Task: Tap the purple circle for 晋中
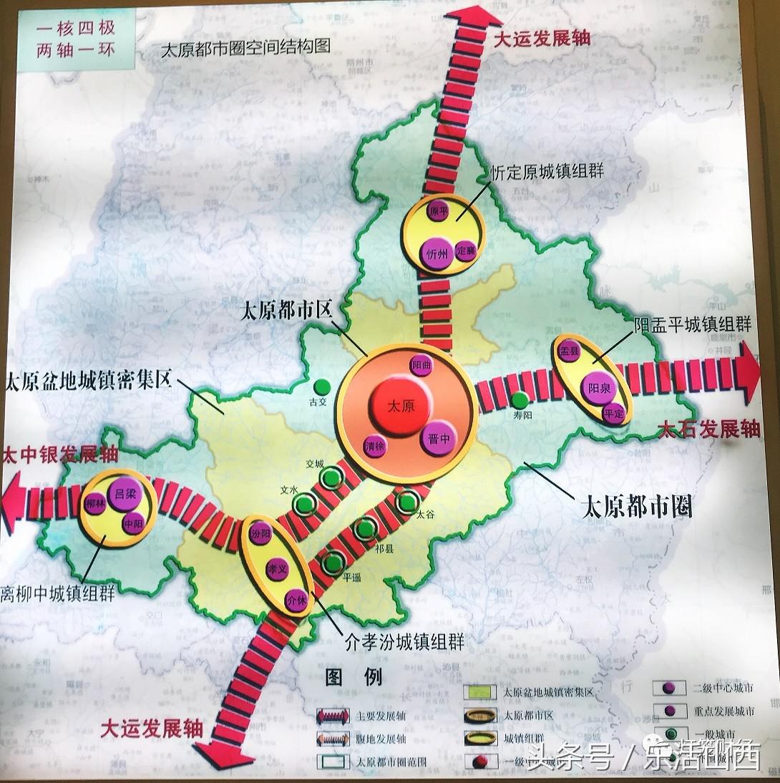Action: (x=438, y=438)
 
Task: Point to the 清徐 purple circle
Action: (x=376, y=445)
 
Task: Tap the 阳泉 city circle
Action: (x=598, y=389)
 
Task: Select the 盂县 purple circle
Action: (x=569, y=351)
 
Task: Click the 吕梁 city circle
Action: (x=120, y=494)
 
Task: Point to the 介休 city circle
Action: (x=296, y=599)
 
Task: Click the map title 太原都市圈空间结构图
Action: (x=246, y=47)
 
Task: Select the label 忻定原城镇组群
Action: (x=547, y=172)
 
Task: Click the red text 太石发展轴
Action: (x=708, y=429)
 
